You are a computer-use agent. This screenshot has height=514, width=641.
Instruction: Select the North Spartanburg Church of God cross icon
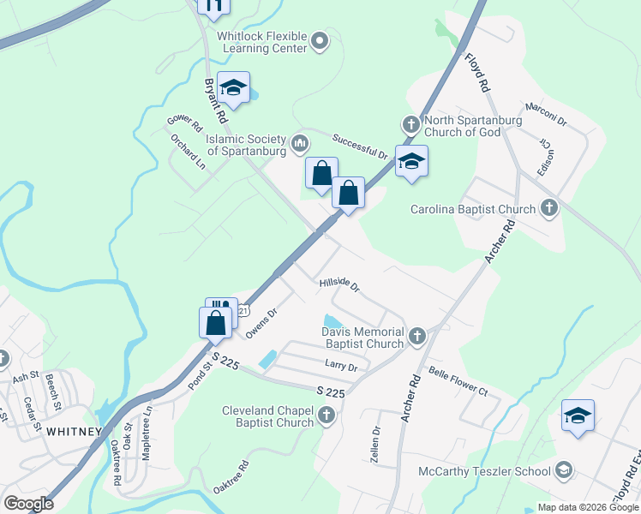[410, 125]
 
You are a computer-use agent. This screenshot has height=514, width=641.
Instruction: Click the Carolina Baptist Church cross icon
[548, 208]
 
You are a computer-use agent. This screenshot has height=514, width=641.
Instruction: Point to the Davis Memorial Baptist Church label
[362, 338]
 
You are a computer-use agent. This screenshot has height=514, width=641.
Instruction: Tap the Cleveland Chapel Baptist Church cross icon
[326, 416]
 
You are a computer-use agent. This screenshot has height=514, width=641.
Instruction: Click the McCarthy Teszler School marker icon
[564, 470]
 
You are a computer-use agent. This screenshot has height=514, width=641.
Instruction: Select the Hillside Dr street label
[338, 284]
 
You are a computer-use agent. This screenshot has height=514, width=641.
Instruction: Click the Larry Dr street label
[340, 366]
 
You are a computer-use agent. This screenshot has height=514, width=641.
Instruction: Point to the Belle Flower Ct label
[458, 382]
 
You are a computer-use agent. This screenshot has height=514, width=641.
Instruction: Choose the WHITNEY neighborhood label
[75, 431]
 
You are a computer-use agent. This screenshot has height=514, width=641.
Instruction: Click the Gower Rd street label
[184, 123]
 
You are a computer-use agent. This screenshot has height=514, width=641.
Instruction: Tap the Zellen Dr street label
[375, 444]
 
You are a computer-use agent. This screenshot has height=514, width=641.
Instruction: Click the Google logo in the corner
[29, 503]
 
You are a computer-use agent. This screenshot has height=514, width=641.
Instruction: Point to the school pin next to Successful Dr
[411, 161]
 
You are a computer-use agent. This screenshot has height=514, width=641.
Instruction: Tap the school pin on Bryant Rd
[233, 87]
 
